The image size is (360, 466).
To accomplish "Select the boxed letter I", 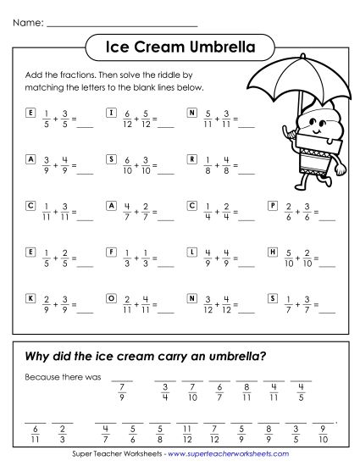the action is click(111, 112).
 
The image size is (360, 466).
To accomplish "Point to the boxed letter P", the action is click(272, 204).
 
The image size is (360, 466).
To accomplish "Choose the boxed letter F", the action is click(111, 251).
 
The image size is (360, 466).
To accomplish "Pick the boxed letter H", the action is click(272, 251).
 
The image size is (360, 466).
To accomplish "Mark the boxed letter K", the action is click(30, 297).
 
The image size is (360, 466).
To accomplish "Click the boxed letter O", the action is click(111, 297).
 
